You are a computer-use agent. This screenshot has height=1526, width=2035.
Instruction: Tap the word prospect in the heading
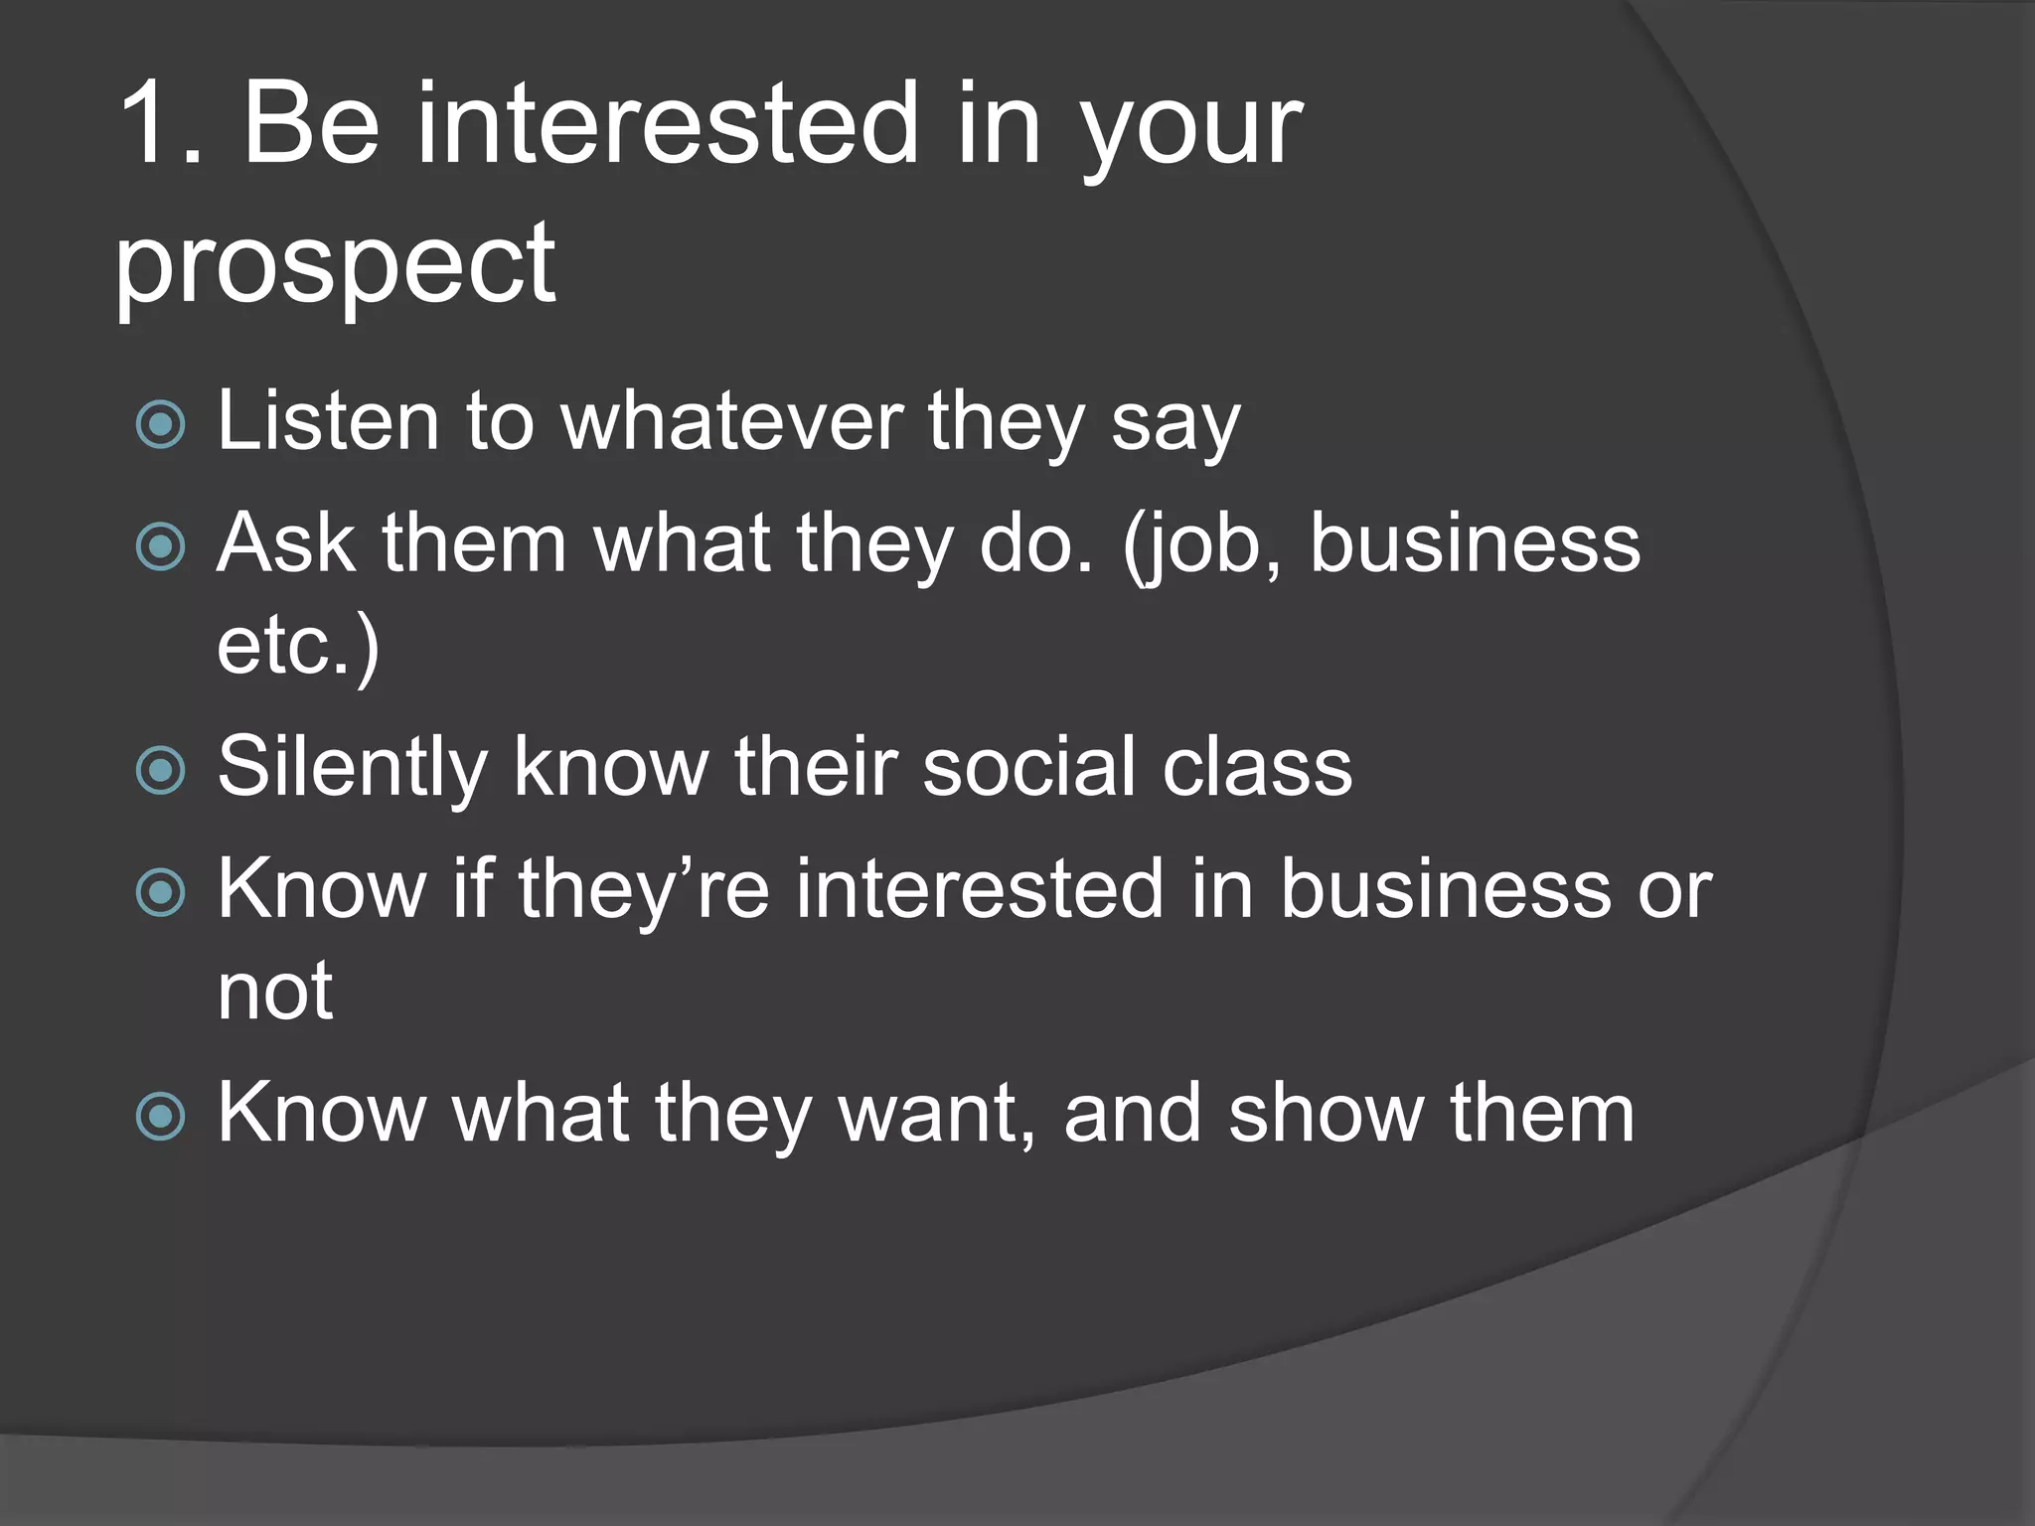point(335,264)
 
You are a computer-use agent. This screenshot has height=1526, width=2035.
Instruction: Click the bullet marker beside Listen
point(160,424)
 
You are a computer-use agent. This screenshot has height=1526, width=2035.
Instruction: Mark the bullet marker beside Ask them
point(160,546)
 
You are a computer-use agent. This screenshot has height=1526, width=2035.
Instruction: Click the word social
point(1029,766)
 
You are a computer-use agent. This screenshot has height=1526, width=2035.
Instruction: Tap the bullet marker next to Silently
point(160,771)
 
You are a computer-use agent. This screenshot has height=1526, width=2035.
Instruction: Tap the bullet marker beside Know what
point(160,1116)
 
